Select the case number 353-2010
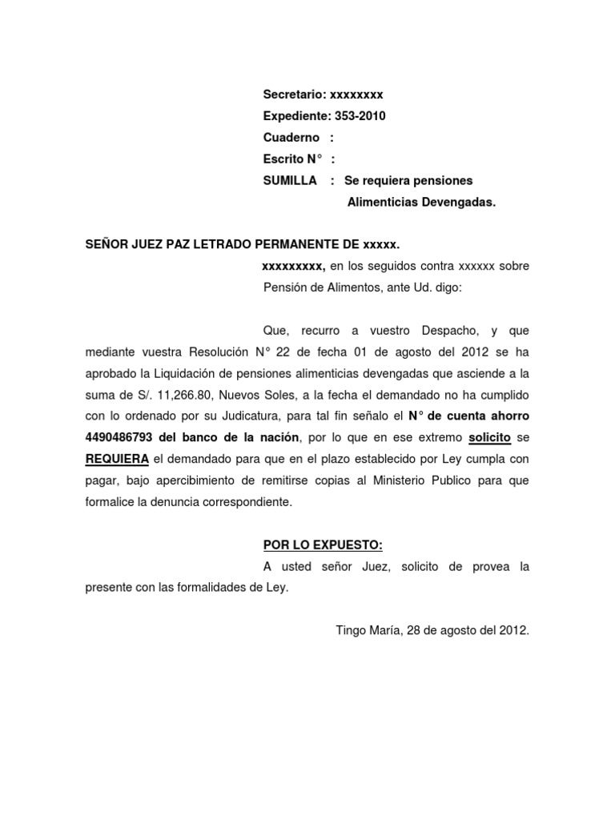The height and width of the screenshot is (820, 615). (359, 116)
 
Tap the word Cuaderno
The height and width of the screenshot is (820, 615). (291, 138)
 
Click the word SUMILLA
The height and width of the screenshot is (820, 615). (290, 181)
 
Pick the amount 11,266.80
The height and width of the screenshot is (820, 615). (184, 395)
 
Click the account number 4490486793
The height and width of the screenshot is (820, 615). (121, 437)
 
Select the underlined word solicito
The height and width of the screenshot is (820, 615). (489, 437)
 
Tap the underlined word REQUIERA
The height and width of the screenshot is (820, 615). (117, 460)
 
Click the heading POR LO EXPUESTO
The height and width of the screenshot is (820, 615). (323, 545)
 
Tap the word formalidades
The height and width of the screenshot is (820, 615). (190, 588)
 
